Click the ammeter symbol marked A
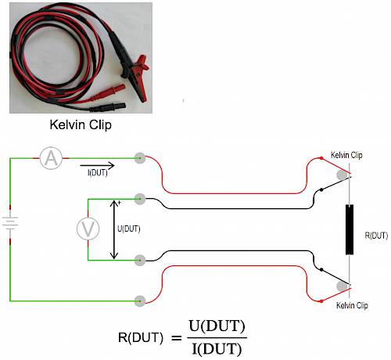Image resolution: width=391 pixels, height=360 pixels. [51, 158]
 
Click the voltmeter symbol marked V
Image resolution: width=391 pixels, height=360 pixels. [88, 229]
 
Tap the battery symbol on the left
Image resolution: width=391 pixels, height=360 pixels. [10, 223]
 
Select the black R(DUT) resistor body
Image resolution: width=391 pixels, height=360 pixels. [350, 229]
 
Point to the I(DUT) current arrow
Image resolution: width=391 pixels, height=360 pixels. [97, 165]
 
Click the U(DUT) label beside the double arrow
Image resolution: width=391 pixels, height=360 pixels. [129, 229]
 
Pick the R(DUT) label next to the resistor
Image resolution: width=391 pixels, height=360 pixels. [376, 236]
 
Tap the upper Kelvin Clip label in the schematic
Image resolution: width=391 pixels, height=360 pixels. [346, 155]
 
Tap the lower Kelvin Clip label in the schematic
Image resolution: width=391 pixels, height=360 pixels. [352, 305]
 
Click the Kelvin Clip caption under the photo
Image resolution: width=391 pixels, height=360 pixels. [81, 124]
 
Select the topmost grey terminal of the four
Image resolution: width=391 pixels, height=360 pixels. [140, 158]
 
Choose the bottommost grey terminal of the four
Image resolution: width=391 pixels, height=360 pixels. [140, 301]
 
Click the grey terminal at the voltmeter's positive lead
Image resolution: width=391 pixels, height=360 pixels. [140, 199]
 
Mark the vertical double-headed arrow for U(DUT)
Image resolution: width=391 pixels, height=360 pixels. [114, 229]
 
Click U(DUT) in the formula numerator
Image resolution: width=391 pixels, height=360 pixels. [217, 326]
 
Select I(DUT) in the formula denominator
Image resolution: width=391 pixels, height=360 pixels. [217, 349]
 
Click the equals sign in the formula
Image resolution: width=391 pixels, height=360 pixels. [176, 338]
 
